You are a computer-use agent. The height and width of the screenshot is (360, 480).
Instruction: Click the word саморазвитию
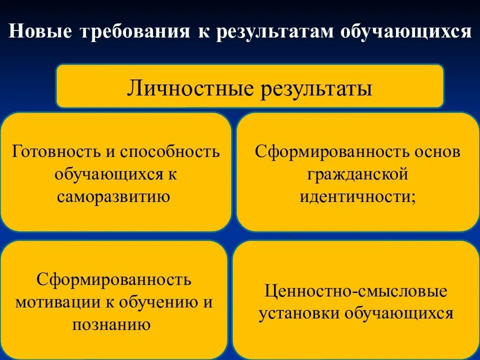point(114,196)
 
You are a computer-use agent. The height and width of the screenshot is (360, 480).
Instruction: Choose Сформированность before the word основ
point(333,151)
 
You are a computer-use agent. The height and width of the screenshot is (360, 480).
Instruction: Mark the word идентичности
point(355,196)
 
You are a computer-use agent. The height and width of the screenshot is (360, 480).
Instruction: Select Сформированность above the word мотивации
point(114,279)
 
